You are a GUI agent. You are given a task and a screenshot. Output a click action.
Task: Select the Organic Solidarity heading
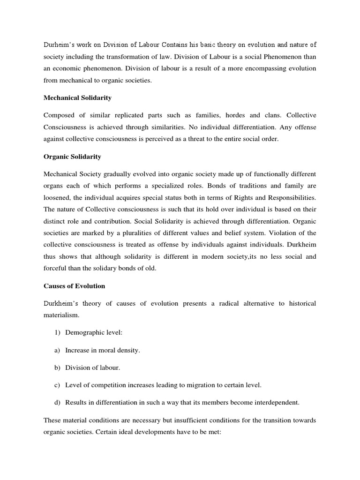pos(72,157)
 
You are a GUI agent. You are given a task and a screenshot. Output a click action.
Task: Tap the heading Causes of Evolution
pos(74,286)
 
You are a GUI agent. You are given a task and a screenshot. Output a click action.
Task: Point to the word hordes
pos(236,115)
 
